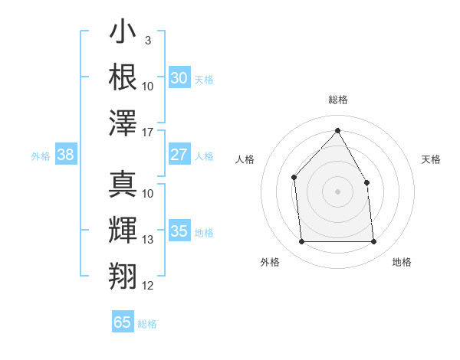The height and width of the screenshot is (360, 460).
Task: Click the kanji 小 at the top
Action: (123, 34)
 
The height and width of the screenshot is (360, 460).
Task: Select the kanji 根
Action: (123, 77)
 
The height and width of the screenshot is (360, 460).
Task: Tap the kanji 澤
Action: (123, 123)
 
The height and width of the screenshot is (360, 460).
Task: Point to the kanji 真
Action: (123, 183)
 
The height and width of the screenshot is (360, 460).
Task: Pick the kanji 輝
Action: (123, 230)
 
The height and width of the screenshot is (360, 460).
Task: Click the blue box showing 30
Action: (179, 78)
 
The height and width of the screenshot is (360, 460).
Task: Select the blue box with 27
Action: (179, 155)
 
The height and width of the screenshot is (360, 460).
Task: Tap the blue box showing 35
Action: (179, 231)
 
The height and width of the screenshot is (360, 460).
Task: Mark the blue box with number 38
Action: (65, 155)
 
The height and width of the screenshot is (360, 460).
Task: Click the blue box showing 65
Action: (123, 322)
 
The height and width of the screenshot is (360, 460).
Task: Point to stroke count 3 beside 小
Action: (147, 39)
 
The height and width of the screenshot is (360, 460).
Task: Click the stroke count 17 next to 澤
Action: (148, 133)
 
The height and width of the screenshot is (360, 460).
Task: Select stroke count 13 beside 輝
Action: (148, 240)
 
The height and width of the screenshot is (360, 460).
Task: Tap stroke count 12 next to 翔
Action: (148, 286)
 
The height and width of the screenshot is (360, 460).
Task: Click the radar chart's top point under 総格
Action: (337, 130)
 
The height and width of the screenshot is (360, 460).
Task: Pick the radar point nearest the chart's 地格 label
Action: (373, 242)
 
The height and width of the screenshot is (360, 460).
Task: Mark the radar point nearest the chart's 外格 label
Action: (301, 242)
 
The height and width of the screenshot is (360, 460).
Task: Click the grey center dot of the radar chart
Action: (337, 191)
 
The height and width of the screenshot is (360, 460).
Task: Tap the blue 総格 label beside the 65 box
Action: (147, 324)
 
